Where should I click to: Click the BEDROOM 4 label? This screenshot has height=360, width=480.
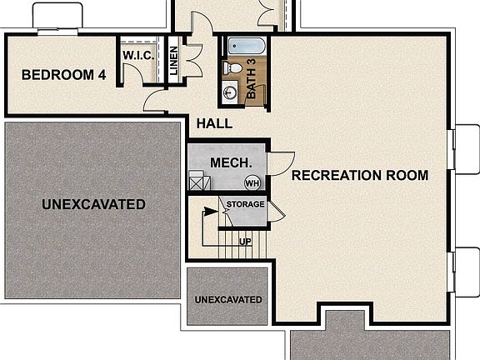point(63,75)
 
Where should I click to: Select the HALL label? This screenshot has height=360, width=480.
point(214,124)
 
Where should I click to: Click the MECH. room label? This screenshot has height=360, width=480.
point(226,162)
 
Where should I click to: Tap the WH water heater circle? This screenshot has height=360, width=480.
point(251,182)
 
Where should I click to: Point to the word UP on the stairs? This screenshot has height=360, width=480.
point(245,242)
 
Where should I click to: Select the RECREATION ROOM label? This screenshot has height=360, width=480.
point(359,176)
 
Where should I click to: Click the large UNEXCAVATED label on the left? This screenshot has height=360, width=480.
point(93,204)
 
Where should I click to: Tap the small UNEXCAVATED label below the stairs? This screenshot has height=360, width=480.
point(227,299)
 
